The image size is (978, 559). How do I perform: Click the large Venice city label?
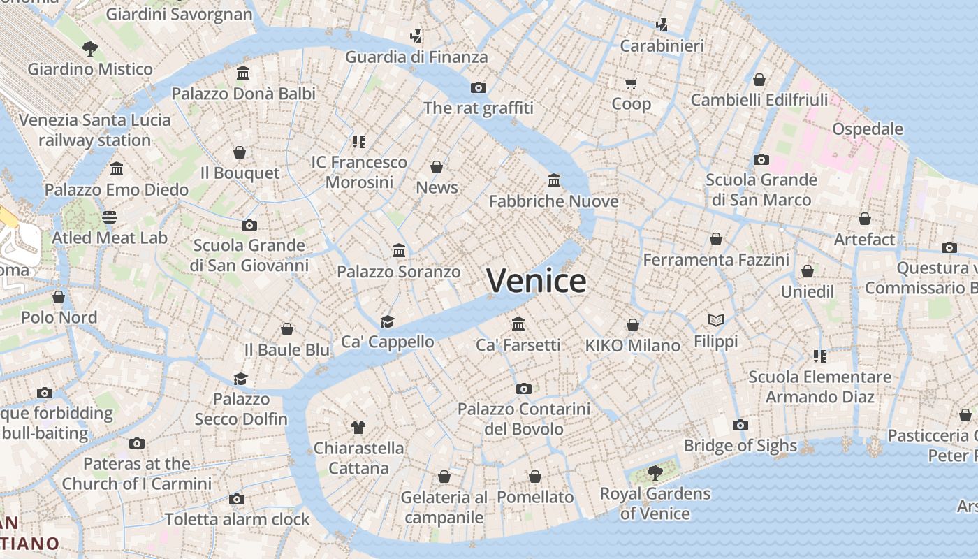[537, 281]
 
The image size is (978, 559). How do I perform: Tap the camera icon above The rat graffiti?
[479, 87]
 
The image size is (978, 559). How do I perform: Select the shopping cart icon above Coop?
[632, 84]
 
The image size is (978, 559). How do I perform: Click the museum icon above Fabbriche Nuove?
[554, 181]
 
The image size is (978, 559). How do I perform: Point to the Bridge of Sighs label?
[740, 446]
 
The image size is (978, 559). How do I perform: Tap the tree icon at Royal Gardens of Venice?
[655, 473]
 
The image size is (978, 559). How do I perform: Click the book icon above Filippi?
[716, 321]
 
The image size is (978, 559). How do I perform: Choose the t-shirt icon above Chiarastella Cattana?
[358, 427]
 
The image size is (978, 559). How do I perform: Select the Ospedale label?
[868, 129]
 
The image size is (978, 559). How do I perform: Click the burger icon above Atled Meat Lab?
[110, 217]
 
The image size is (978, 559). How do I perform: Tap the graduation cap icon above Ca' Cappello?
[387, 321]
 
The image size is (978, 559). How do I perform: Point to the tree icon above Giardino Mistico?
[89, 49]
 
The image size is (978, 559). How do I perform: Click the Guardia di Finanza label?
[416, 57]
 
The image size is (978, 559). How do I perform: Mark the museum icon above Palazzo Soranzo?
[399, 251]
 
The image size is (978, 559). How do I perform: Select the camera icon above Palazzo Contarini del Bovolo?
[524, 389]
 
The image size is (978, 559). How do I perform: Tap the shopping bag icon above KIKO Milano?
[633, 325]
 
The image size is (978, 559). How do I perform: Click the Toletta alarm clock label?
[238, 520]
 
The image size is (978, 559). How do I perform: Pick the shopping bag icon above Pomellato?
[535, 477]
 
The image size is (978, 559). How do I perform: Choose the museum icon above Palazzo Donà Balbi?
[243, 73]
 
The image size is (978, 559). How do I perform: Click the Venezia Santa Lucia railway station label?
[94, 130]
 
